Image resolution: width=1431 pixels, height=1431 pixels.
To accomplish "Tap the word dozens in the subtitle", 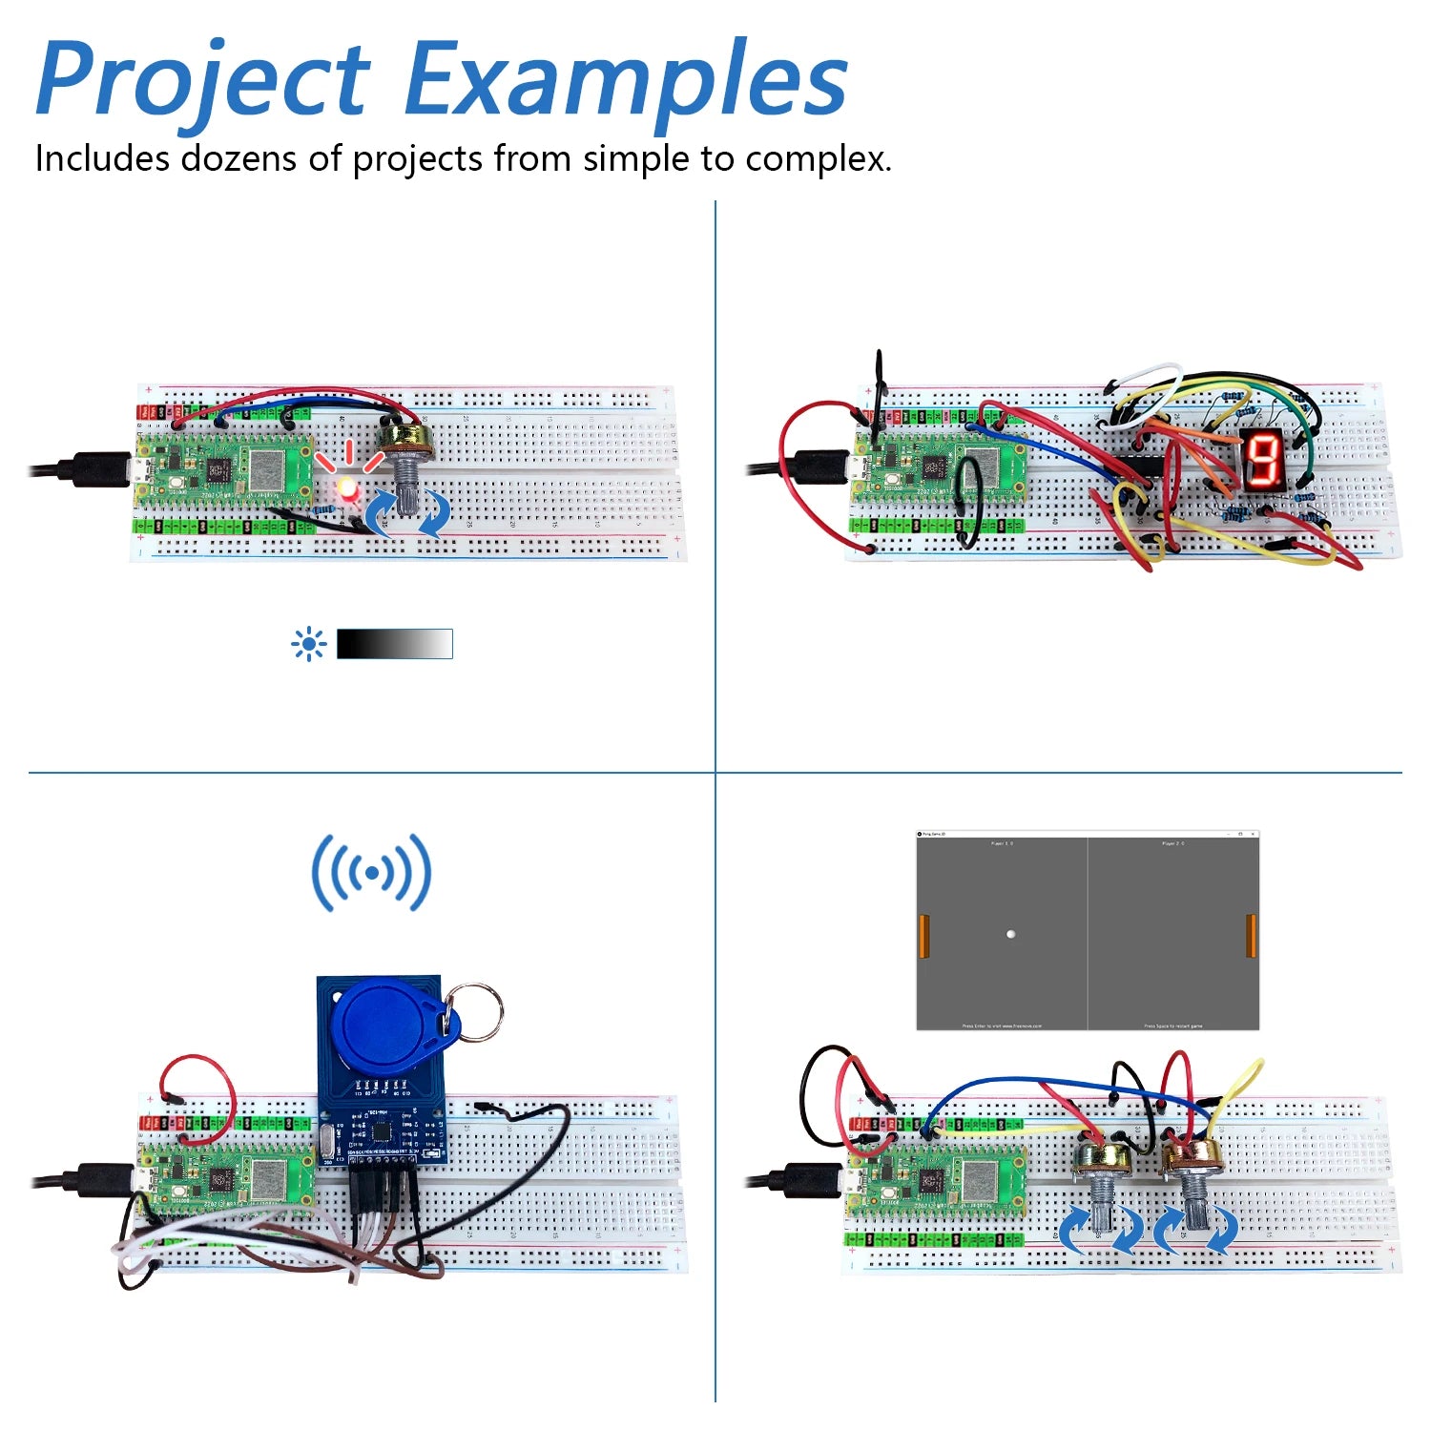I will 238,158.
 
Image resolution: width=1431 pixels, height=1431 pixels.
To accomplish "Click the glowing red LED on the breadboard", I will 346,491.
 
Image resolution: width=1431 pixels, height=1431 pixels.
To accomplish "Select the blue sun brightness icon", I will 308,645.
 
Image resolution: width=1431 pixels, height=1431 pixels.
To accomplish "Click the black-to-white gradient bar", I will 394,644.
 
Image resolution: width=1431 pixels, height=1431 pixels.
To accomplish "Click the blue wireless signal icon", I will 371,872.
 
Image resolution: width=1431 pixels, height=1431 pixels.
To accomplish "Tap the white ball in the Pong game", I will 1010,934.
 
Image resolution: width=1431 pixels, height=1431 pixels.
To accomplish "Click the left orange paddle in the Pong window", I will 923,936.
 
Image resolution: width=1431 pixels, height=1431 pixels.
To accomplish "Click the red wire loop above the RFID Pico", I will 197,1083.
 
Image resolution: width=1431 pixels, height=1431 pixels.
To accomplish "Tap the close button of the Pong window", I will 1254,835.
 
